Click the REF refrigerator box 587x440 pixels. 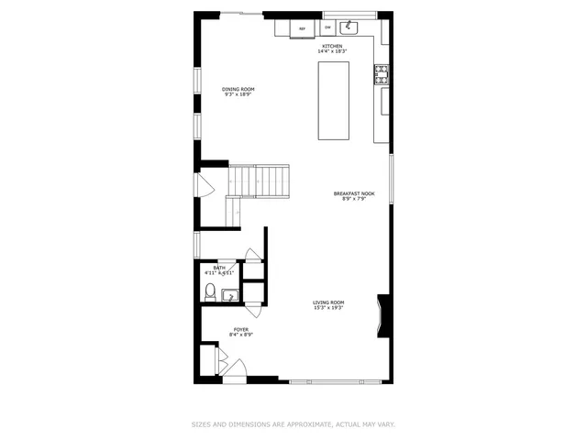tap(302, 28)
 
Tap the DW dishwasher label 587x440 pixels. tap(327, 27)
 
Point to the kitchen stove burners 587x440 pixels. tap(382, 73)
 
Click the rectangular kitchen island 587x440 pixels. tap(334, 102)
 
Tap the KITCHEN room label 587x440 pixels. tap(331, 46)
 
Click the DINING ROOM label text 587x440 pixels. tap(238, 89)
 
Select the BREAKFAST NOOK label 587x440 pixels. tap(354, 193)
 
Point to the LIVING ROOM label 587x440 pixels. tap(328, 302)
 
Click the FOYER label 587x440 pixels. tap(240, 329)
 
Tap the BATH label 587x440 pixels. tap(219, 268)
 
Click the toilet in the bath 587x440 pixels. tap(210, 292)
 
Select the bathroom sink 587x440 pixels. tap(229, 294)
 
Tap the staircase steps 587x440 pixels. tap(259, 180)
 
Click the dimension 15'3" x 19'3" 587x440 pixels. tap(328, 308)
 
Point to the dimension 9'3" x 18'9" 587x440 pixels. tap(238, 94)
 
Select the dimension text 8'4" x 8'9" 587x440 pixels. tap(240, 335)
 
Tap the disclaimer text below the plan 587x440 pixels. tap(293, 424)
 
